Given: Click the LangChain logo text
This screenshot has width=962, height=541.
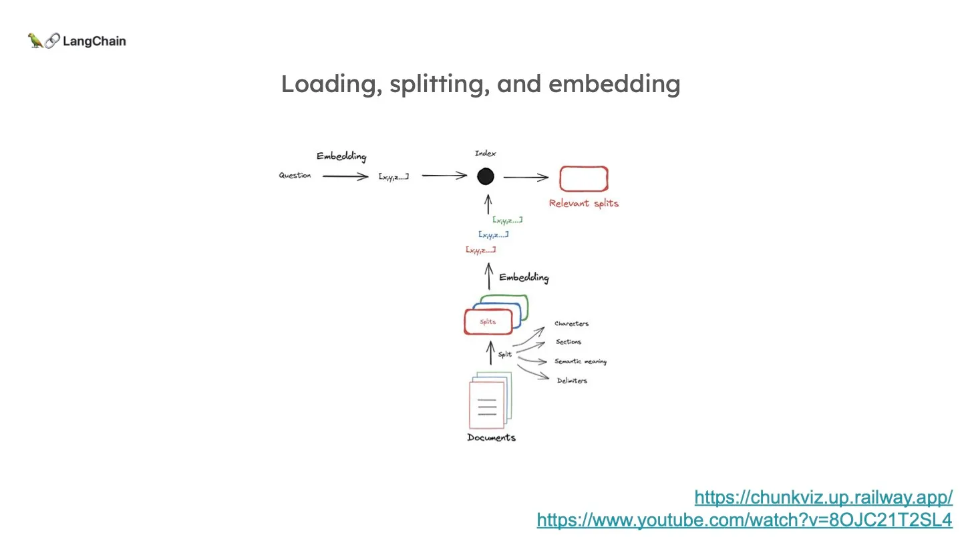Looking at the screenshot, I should point(94,41).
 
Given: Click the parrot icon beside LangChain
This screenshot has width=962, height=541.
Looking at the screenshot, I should point(35,41).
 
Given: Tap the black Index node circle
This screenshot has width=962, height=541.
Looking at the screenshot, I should point(486,176).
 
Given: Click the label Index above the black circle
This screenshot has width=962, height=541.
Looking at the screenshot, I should point(486,154).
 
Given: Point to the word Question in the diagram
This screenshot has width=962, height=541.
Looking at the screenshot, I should point(295,176).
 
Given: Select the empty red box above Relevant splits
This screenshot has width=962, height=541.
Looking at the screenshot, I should point(583,179).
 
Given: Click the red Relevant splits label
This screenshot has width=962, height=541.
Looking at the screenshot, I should point(583,203).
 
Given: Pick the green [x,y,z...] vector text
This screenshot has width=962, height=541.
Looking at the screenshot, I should point(507,220).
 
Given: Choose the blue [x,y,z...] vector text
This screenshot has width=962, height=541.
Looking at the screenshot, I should point(493,234).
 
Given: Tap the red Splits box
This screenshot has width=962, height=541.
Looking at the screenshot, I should point(488,322).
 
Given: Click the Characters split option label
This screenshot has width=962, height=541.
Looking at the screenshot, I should point(571,324).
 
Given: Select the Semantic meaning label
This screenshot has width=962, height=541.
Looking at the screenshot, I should point(580,362).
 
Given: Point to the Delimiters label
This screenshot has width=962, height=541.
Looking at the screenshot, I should point(572,381).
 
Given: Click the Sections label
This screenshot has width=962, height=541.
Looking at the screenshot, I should point(569,342).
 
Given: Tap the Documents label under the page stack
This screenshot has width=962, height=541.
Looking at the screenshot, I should point(491,437).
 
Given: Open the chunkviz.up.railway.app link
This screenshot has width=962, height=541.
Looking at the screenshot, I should point(823,497).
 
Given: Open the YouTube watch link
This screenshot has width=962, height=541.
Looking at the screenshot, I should point(744,520).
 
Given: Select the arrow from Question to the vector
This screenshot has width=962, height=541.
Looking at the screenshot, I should point(345,176).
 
